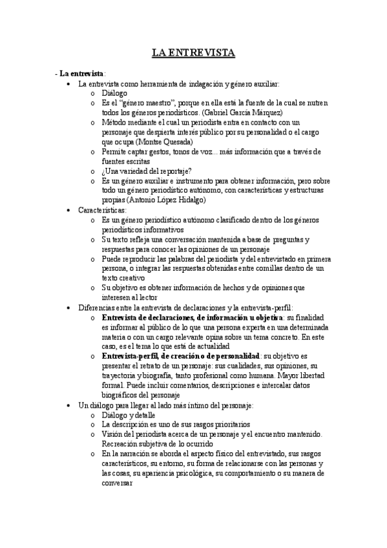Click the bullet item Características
click(102, 210)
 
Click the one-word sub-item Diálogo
click(114, 93)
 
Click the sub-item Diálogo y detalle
click(129, 414)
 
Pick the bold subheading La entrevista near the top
click(81, 74)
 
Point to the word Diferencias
click(98, 308)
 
